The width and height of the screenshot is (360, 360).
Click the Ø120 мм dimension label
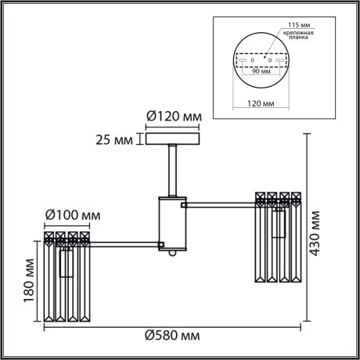tap(174, 117)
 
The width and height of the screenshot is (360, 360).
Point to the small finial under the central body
tap(173, 256)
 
